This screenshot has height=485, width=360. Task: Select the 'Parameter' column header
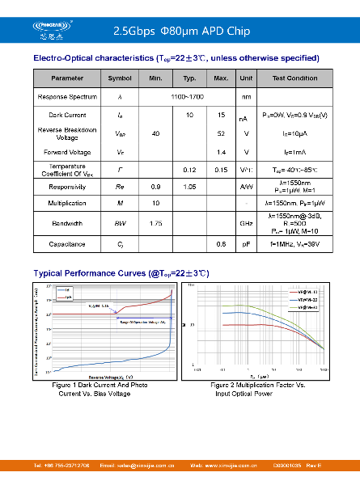point(67,78)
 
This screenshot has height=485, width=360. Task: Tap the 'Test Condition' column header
point(294,78)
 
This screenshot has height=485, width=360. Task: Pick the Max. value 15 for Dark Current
point(221,116)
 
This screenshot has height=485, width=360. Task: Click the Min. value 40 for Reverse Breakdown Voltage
point(155,133)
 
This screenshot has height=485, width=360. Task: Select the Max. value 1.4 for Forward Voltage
point(221,152)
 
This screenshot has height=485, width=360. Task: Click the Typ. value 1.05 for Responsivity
point(190,186)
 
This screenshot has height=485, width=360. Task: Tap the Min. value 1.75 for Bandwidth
point(155,222)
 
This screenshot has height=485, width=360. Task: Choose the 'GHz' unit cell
point(246,222)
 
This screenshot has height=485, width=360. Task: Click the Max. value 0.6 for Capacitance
point(221,243)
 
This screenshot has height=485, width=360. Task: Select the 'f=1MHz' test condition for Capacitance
point(294,243)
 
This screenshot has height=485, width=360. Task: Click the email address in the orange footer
point(137,466)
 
